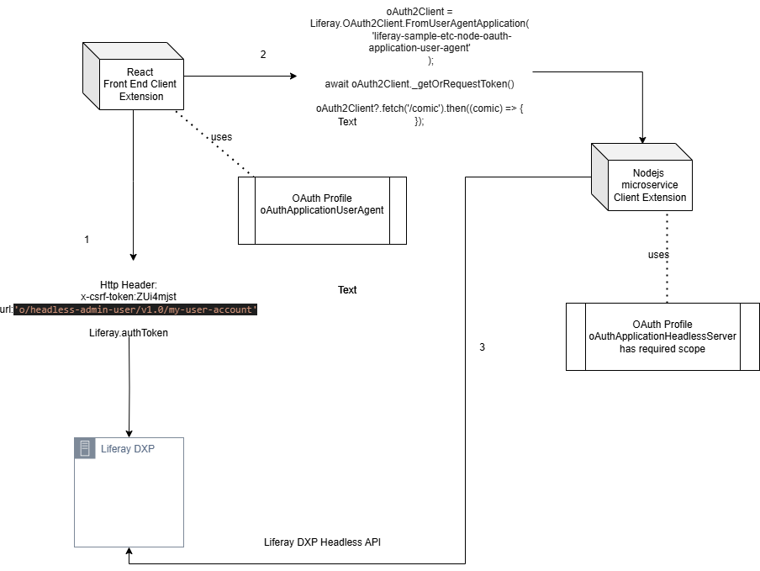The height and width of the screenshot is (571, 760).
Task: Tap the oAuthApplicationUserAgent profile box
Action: [322, 209]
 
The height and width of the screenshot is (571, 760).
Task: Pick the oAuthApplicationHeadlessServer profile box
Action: [662, 336]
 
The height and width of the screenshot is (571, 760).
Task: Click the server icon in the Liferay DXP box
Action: [85, 448]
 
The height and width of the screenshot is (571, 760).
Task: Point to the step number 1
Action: [87, 240]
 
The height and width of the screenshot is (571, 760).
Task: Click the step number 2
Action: [263, 55]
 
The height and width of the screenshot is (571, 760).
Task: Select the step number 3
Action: [482, 347]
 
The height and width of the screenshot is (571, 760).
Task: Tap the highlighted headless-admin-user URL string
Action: [135, 309]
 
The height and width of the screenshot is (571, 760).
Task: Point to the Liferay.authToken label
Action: [129, 333]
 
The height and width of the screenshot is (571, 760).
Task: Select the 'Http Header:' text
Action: [129, 285]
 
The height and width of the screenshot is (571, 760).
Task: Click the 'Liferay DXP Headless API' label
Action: [323, 542]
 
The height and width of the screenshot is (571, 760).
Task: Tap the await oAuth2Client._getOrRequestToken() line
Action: [419, 84]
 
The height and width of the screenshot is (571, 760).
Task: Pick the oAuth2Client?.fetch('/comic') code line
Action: [420, 108]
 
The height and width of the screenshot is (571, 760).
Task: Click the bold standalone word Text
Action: [347, 290]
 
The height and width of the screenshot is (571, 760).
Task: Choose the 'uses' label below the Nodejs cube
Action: [658, 255]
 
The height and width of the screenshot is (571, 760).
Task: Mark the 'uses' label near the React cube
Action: [221, 137]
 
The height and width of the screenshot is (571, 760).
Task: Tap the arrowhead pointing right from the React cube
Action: [293, 76]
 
